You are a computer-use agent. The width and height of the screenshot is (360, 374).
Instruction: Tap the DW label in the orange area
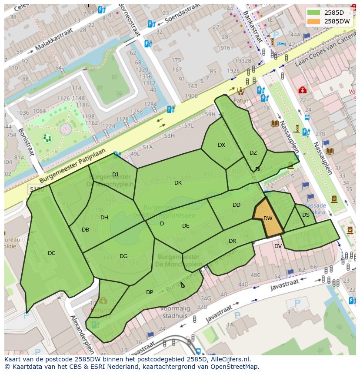[x=268, y=218]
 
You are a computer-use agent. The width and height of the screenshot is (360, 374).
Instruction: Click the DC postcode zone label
[x=52, y=253]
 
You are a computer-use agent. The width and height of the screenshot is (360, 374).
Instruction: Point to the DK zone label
[x=178, y=183]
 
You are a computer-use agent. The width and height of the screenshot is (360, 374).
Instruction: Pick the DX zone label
[x=222, y=145]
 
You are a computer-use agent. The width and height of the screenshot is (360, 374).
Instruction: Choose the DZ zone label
[x=253, y=153]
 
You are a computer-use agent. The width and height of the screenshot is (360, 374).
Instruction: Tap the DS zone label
[x=306, y=215]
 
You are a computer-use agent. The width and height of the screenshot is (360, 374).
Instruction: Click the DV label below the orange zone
[x=278, y=246]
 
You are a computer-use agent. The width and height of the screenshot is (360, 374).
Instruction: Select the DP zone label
[x=150, y=292]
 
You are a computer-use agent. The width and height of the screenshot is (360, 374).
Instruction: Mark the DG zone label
[x=123, y=256]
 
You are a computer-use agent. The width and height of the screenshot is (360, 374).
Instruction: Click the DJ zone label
[x=115, y=175]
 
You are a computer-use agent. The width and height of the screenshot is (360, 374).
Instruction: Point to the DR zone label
[x=233, y=241]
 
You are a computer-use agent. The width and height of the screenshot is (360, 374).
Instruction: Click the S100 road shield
[x=37, y=189]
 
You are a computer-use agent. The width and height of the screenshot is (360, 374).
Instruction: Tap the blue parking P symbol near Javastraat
[x=298, y=303]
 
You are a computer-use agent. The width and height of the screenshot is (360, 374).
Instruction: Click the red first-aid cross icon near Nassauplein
[x=302, y=90]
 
